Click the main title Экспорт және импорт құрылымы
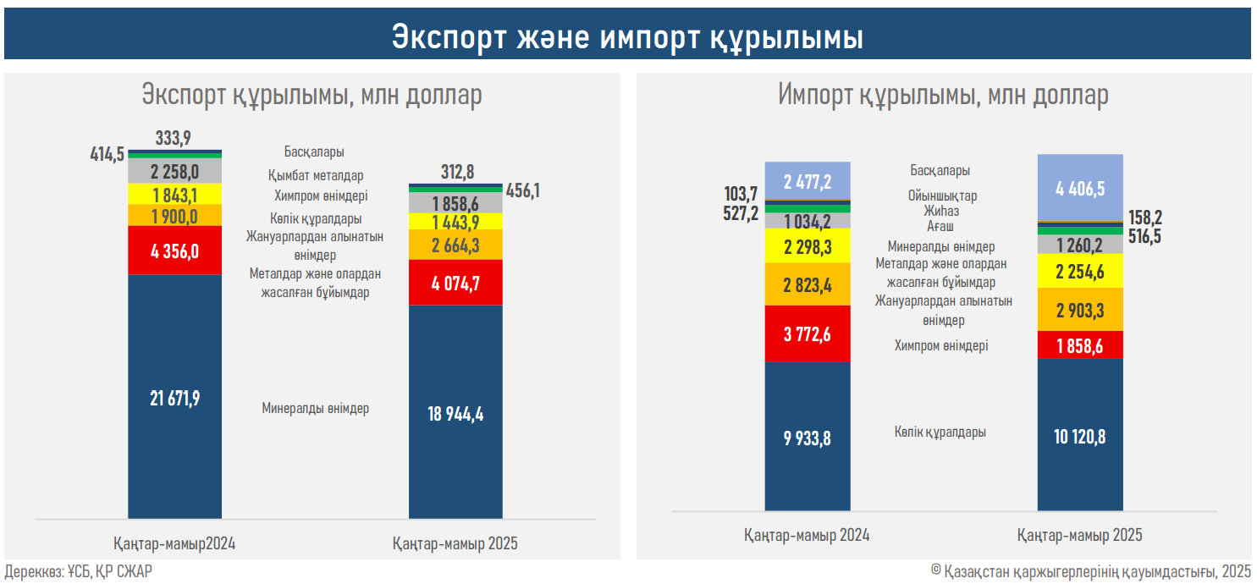point(627,37)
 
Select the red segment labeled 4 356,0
point(174,251)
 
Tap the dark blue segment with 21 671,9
point(174,397)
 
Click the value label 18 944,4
point(455,414)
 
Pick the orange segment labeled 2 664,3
point(455,245)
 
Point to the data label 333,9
point(173,138)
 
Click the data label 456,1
point(522,190)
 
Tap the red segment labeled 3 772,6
point(808,333)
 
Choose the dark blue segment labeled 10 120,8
point(1080,435)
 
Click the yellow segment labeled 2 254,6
point(1080,271)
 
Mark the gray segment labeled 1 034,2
point(808,221)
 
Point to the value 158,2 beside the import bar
point(1145,218)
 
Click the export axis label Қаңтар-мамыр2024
point(174,543)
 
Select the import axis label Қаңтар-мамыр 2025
point(1080,535)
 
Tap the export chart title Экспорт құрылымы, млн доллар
point(311,94)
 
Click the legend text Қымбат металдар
point(316,175)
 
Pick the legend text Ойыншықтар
point(942,196)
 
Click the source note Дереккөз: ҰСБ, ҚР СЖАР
point(79,571)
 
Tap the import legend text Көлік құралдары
point(940,432)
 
